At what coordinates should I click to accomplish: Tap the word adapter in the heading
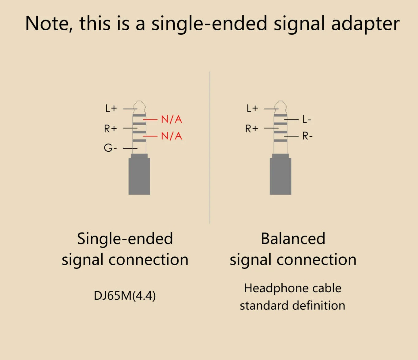coord(365,24)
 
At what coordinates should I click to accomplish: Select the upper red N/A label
coord(171,119)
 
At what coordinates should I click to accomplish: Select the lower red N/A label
coord(171,136)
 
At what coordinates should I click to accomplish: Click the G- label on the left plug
coord(110,148)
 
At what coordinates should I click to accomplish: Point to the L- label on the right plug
coord(307,119)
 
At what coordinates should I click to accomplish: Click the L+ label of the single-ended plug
coord(111,108)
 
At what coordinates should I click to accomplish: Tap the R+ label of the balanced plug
coord(252,128)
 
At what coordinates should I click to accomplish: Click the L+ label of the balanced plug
coord(252,108)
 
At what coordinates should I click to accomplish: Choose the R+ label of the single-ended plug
coord(111,128)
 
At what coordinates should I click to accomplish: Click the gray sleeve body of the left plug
coord(139,176)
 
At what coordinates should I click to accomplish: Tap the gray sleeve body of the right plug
coord(280,176)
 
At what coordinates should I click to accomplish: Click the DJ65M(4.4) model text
coord(125,296)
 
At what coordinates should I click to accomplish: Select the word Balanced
coord(293,239)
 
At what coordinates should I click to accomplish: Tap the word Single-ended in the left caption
coord(125,239)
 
